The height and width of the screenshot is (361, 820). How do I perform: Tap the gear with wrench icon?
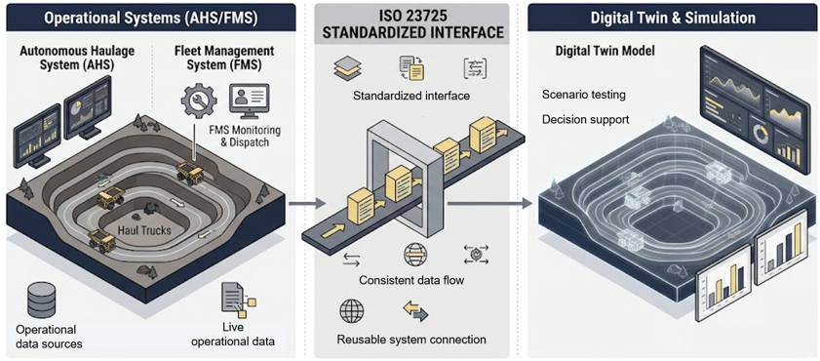(x=198, y=100)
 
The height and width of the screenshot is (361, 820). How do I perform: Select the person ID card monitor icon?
(x=249, y=100)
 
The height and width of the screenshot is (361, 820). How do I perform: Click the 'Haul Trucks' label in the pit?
(x=144, y=229)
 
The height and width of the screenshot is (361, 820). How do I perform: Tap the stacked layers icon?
(x=347, y=68)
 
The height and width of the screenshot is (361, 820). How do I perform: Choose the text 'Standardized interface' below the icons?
(x=411, y=97)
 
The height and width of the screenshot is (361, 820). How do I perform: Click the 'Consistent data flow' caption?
(x=411, y=280)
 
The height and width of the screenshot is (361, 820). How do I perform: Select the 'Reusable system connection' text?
(x=411, y=340)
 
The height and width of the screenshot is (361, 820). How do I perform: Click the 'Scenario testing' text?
(x=584, y=96)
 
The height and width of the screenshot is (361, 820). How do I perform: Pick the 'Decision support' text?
(x=585, y=120)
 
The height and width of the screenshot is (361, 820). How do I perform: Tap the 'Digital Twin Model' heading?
(x=605, y=52)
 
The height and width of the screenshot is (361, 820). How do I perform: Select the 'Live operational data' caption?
(x=233, y=336)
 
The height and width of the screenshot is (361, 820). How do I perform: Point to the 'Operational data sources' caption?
(x=49, y=337)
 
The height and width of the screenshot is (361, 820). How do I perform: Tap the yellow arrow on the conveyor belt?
(x=332, y=230)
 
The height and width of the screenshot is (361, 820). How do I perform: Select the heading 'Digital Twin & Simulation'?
(x=673, y=18)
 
